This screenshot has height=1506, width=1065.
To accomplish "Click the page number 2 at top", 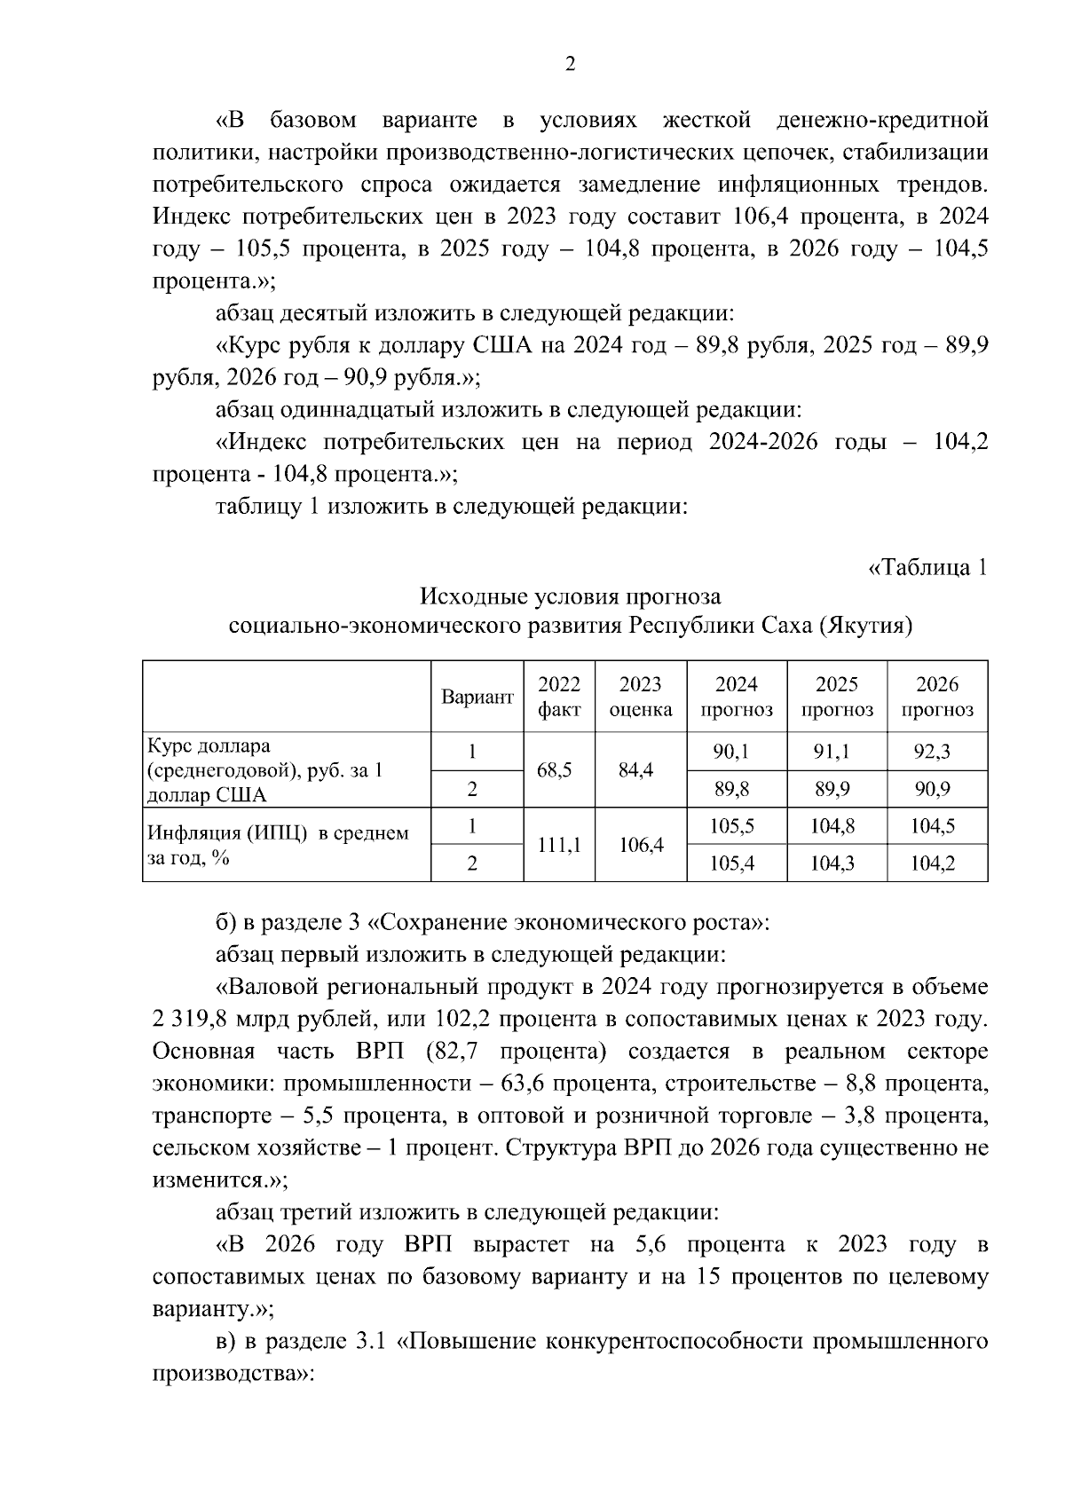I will (570, 64).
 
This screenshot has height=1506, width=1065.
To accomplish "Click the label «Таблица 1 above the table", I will (927, 567).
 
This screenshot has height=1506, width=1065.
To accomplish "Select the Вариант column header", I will (477, 698).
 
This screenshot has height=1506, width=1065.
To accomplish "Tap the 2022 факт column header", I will (559, 697).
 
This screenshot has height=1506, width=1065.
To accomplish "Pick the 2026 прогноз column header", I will (937, 697).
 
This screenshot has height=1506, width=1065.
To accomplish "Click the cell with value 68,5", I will (559, 769).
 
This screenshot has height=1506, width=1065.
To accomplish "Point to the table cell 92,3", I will (932, 752).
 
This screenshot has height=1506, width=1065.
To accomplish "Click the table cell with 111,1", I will (559, 845).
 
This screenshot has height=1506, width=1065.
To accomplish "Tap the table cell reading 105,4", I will (732, 863).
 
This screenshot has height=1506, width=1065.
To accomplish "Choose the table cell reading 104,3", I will (832, 863).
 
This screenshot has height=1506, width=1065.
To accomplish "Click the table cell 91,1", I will (832, 752).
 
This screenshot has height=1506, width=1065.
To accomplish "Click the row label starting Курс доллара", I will (209, 745).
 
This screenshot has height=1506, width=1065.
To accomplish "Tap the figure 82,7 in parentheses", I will (461, 1052).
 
